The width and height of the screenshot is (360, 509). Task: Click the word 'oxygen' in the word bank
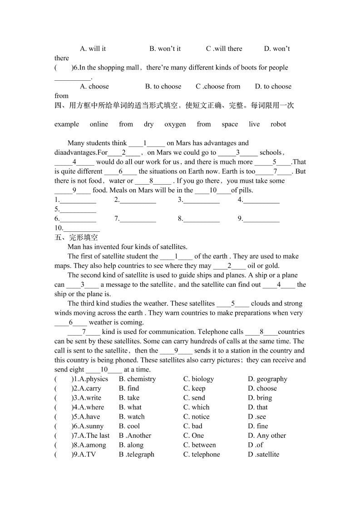(x=175, y=124)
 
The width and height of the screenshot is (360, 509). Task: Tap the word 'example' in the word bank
(x=67, y=124)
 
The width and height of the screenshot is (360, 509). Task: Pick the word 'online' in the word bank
(x=99, y=124)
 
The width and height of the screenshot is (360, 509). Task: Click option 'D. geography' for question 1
(x=267, y=379)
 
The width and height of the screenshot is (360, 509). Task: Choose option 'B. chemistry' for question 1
(x=137, y=379)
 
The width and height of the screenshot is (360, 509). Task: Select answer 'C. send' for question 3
(x=194, y=398)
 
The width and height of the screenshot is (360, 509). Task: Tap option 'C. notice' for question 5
(x=196, y=416)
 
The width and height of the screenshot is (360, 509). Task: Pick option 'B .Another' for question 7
(x=135, y=436)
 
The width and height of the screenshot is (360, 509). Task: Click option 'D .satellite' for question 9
(x=263, y=454)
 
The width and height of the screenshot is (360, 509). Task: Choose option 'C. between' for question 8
(x=199, y=445)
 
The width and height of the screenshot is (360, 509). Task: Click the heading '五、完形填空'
(x=76, y=237)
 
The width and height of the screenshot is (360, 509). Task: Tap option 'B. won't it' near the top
(x=165, y=49)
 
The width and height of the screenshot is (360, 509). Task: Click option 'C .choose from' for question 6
(x=218, y=86)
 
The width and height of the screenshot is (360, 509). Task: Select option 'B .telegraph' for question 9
(x=137, y=454)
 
